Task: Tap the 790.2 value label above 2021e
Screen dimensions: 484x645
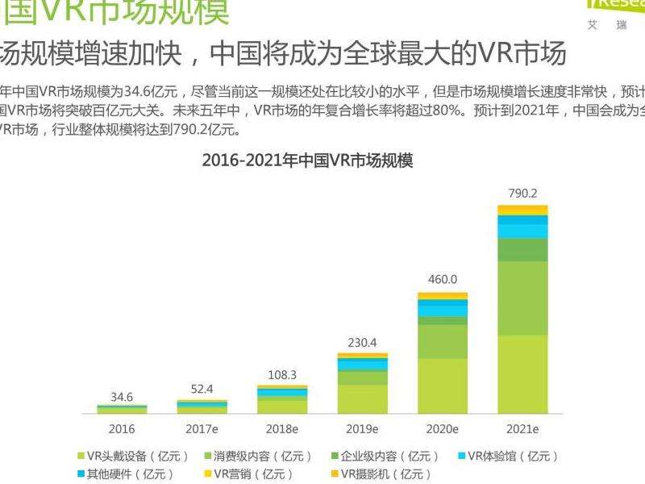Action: click(x=522, y=193)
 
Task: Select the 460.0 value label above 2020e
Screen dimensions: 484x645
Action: click(x=443, y=280)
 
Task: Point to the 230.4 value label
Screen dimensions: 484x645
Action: click(x=362, y=341)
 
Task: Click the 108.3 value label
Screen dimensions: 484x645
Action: click(x=282, y=374)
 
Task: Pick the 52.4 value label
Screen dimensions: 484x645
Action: click(x=202, y=389)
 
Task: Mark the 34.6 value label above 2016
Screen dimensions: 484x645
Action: click(x=122, y=397)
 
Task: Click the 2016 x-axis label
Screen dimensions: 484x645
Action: click(x=122, y=428)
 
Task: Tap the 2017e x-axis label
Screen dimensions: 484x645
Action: click(x=202, y=428)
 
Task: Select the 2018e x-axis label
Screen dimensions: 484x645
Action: click(x=282, y=428)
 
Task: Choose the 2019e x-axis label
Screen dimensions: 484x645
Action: click(x=362, y=428)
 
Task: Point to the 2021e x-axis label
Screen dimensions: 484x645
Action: click(x=522, y=428)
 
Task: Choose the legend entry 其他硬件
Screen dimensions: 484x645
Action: click(x=129, y=474)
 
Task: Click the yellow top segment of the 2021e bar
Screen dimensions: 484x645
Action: click(x=522, y=210)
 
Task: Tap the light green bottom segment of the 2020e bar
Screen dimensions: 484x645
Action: click(x=443, y=386)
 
